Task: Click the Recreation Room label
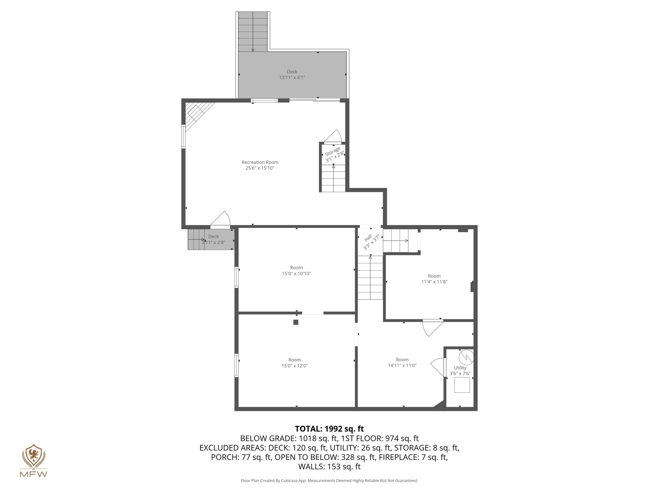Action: (260, 162)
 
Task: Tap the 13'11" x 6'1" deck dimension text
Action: (292, 78)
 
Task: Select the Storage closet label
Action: (333, 151)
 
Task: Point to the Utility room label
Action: (460, 368)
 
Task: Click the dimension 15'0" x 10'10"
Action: (296, 273)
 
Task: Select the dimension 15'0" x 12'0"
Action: (294, 366)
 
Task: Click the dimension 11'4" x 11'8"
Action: (434, 282)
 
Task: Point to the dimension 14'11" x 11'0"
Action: (402, 365)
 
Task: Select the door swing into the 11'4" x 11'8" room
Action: (432, 328)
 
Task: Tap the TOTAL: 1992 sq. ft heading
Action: (329, 429)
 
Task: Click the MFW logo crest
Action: (34, 456)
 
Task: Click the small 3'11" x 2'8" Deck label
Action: (213, 236)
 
